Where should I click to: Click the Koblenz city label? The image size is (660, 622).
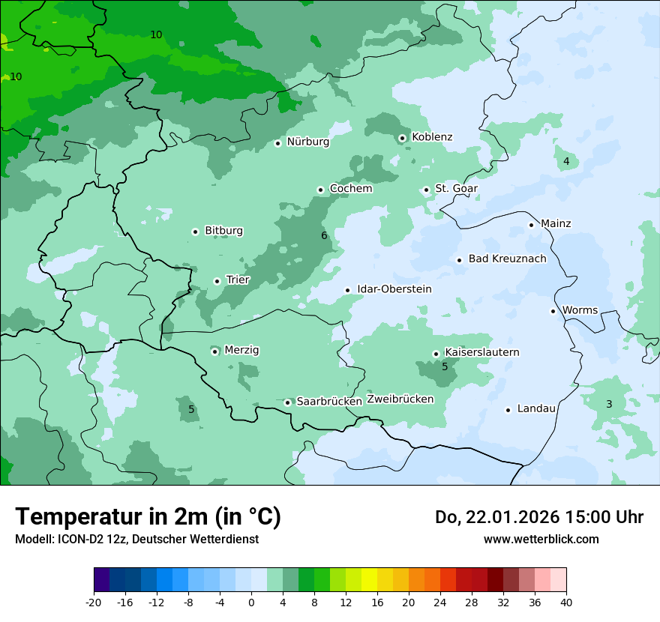coord(432,136)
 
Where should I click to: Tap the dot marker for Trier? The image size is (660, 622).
coord(217,281)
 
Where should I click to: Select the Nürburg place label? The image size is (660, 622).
coord(307,141)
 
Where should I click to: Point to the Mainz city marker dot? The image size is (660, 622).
coord(531,225)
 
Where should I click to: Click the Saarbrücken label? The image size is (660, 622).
coord(329,402)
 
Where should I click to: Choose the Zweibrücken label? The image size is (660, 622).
coord(400,399)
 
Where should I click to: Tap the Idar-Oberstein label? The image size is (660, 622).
coord(394,289)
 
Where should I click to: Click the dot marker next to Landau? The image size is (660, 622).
coord(508,410)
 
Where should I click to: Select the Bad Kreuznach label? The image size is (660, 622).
coord(507,259)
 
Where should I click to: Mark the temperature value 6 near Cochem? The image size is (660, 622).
coord(324,235)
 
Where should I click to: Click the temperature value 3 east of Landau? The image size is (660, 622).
coord(609,404)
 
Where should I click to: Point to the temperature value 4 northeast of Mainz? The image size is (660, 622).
coord(566,161)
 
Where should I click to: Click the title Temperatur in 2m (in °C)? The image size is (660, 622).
coord(148,516)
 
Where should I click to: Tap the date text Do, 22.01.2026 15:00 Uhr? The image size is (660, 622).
coord(538,517)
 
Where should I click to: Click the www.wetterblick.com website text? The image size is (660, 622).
coord(541,539)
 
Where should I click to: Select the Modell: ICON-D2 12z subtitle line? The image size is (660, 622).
coord(136,539)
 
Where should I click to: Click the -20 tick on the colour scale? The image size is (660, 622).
coord(94,603)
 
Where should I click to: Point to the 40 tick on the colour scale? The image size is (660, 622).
coord(566,603)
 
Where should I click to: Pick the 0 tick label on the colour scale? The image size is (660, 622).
coord(251,603)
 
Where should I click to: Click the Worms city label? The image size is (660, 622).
coord(580,310)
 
